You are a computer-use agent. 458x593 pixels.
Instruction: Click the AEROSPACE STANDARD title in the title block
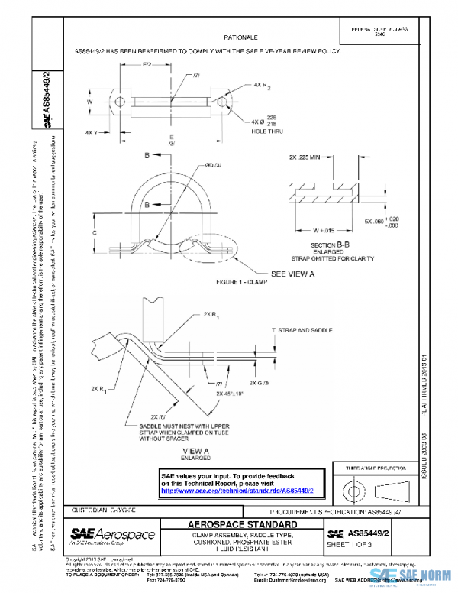(x=243, y=525)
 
